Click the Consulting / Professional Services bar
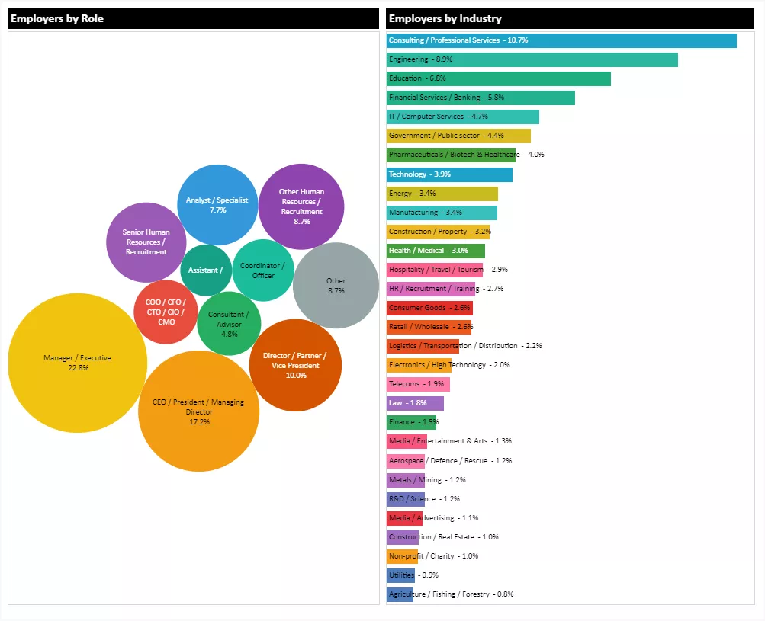pyautogui.click(x=561, y=40)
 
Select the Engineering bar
pyautogui.click(x=532, y=59)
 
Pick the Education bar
pyautogui.click(x=498, y=78)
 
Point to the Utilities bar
pyautogui.click(x=400, y=575)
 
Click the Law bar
pyautogui.click(x=415, y=403)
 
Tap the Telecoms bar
pyautogui.click(x=418, y=384)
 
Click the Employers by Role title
pyautogui.click(x=57, y=18)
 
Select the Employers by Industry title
pyautogui.click(x=445, y=18)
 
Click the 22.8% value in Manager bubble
pyautogui.click(x=78, y=368)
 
